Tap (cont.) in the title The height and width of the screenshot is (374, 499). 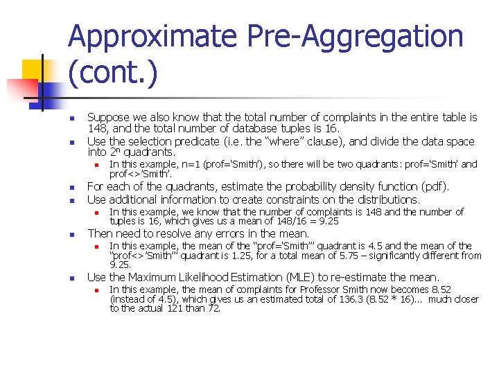pyautogui.click(x=113, y=73)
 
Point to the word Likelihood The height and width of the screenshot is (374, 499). pyautogui.click(x=195, y=277)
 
